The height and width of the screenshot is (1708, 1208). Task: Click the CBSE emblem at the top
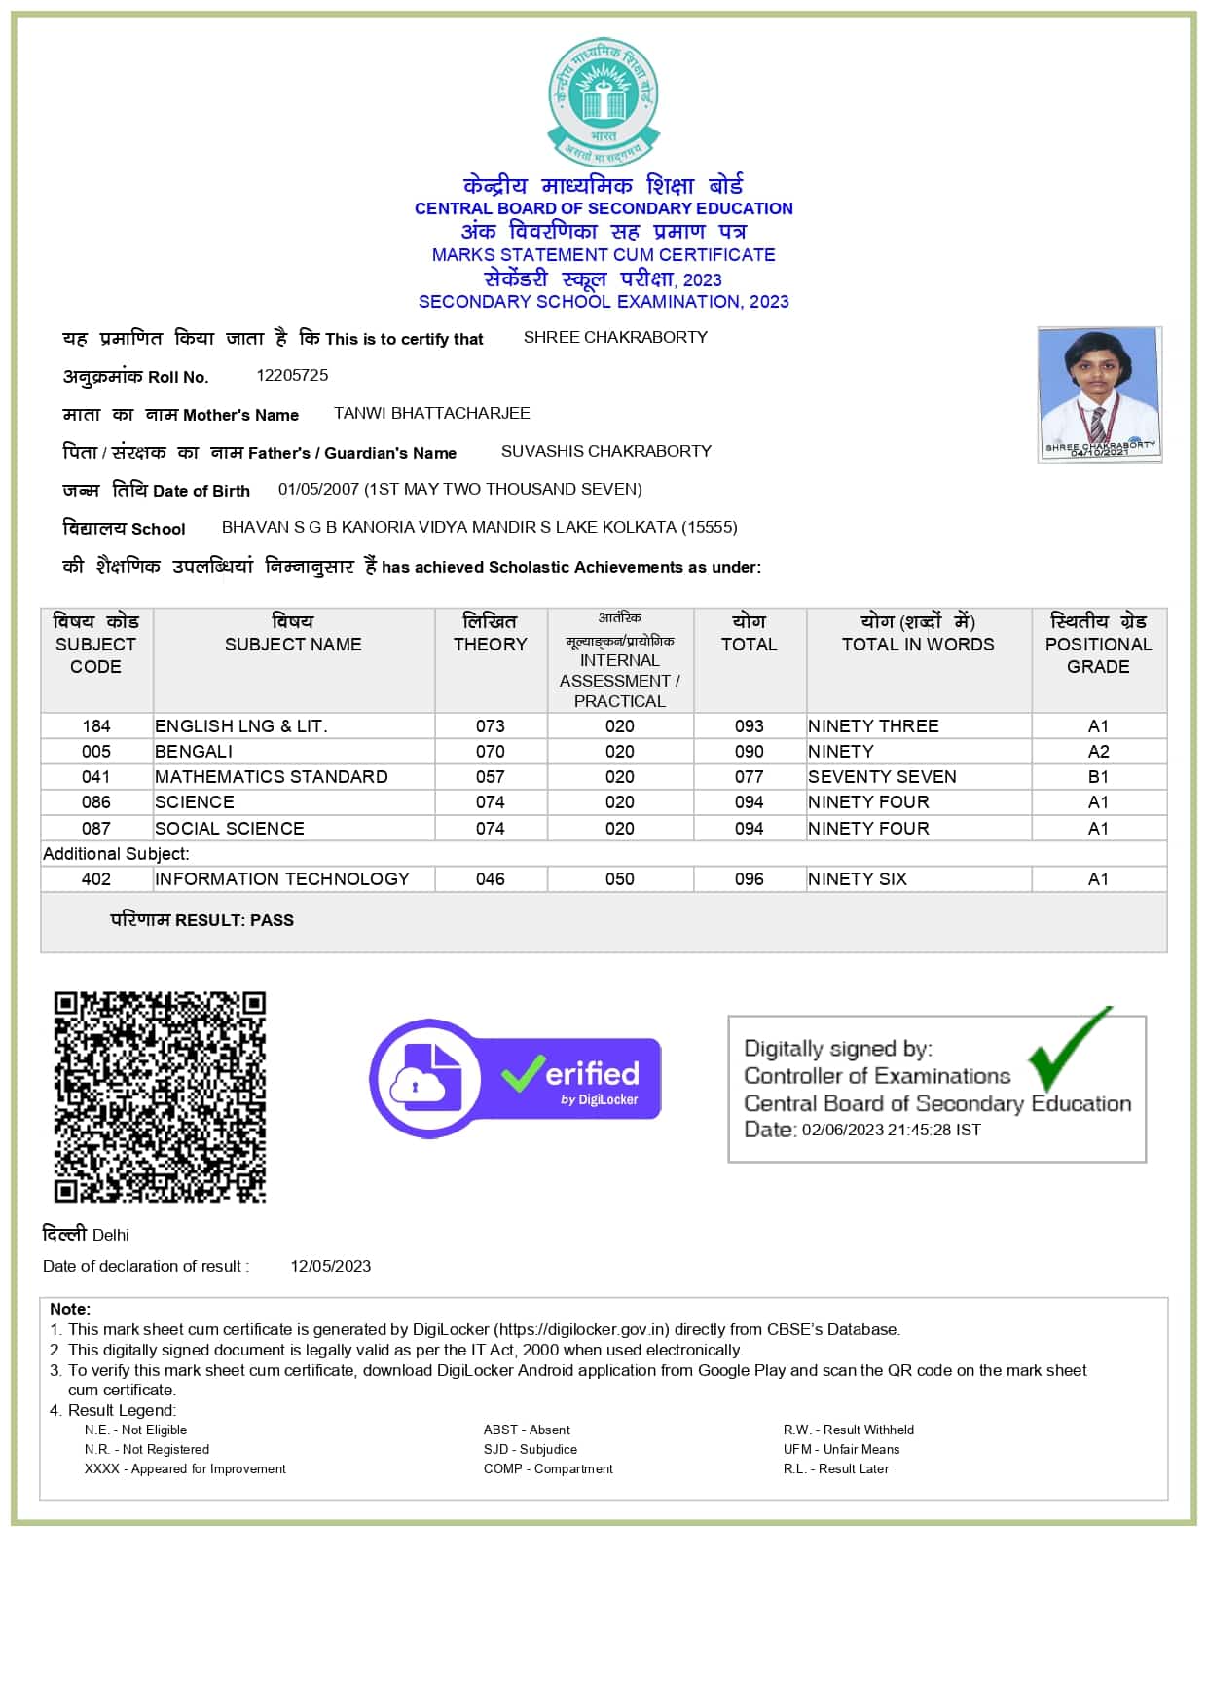pos(604,100)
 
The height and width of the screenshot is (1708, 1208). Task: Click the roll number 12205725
pos(292,375)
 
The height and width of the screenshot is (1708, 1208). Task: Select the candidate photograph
pos(1099,393)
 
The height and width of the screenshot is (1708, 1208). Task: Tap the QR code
pos(160,1096)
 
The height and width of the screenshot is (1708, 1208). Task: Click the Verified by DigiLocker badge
pos(516,1078)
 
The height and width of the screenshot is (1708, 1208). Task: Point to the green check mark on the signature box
pos(1069,1049)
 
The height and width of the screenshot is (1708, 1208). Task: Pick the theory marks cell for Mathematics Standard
pos(490,777)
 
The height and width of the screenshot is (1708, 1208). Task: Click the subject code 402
pos(96,879)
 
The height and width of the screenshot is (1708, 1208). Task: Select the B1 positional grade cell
pos(1098,777)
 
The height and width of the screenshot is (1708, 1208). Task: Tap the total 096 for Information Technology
pos(749,879)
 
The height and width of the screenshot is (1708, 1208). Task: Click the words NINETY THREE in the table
pos(873,726)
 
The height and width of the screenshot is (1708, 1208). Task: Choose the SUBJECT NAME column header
pos(293,644)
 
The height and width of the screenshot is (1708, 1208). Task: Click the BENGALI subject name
pos(194,752)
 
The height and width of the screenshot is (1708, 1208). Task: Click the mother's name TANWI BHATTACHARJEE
pos(432,413)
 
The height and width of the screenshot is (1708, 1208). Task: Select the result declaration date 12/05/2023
pos(331,1266)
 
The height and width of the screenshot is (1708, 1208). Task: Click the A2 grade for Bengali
pos(1098,752)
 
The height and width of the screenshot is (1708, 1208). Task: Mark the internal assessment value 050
pos(619,879)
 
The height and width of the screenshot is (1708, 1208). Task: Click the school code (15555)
pos(710,527)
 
